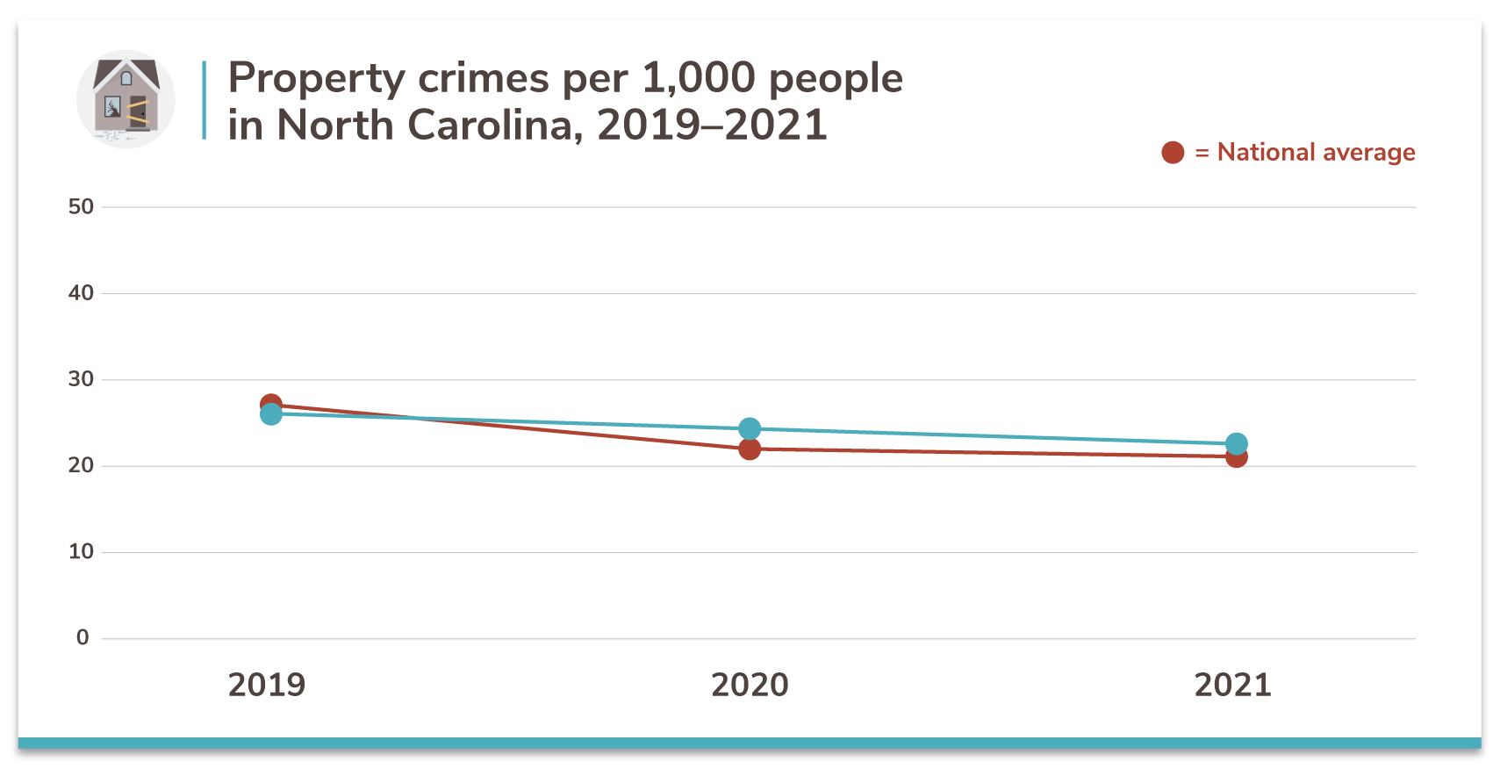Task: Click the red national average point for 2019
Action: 271,403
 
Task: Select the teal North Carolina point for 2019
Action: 271,414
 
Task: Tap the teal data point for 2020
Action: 750,428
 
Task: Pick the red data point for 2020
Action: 750,449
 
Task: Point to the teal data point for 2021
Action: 1236,443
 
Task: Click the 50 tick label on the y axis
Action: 81,207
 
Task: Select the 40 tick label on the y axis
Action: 81,293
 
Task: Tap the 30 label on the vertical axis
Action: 81,379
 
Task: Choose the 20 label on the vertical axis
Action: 81,465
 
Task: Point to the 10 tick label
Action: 81,551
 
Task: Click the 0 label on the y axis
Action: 83,637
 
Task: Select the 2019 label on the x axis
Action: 267,685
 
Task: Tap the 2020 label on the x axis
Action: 750,685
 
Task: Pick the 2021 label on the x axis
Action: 1232,685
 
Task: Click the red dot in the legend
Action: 1173,153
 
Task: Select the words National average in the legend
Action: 1316,153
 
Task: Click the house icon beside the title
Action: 126,98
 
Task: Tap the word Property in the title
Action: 317,79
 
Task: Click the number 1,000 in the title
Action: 699,79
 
